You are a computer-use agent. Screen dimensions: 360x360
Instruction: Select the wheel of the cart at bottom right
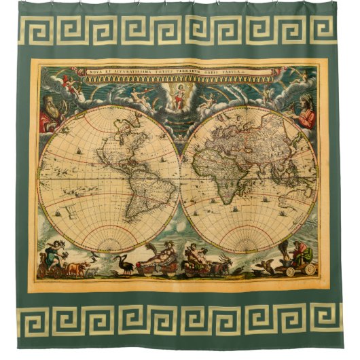coord(310,269)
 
